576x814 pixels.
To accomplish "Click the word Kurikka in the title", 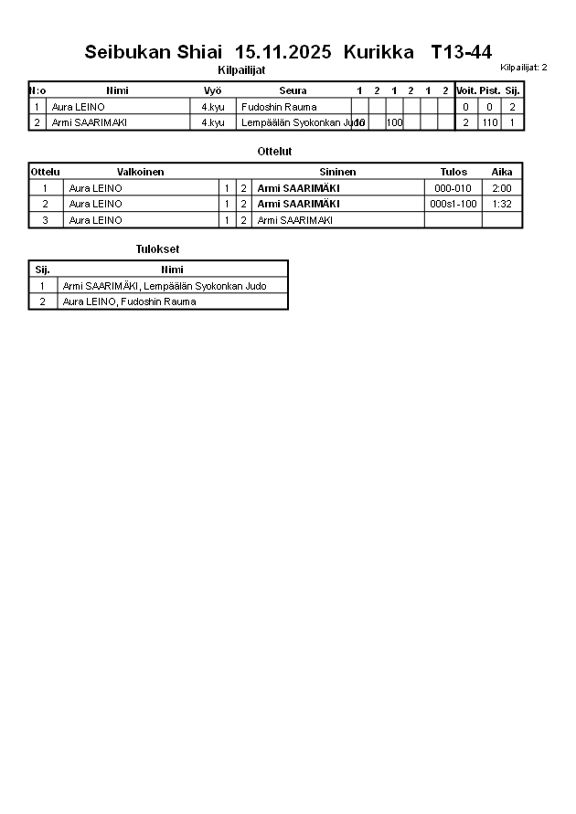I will pyautogui.click(x=372, y=52).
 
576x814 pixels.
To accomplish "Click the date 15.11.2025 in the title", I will pyautogui.click(x=283, y=52).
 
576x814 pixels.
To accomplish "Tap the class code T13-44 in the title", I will pyautogui.click(x=461, y=52).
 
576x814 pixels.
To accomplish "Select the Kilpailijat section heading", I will pyautogui.click(x=241, y=70).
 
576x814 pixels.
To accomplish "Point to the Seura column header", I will pyautogui.click(x=293, y=90).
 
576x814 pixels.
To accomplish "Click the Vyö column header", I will pyautogui.click(x=212, y=90).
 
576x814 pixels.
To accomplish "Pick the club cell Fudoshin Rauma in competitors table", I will pyautogui.click(x=278, y=107).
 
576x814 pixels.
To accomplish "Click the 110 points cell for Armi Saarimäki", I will pyautogui.click(x=490, y=122).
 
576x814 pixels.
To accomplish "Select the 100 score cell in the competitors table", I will pyautogui.click(x=394, y=122).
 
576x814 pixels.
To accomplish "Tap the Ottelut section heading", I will pyautogui.click(x=275, y=152).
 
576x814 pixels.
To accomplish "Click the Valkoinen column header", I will pyautogui.click(x=141, y=172).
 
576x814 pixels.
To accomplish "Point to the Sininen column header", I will pyautogui.click(x=337, y=172).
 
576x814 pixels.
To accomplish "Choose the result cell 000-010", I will pyautogui.click(x=453, y=188).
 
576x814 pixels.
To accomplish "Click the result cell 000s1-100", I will pyautogui.click(x=453, y=204).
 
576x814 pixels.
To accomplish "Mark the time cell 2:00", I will pyautogui.click(x=501, y=188).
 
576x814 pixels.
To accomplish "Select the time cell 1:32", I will pyautogui.click(x=501, y=204).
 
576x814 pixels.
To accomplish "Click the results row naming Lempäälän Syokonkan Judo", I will pyautogui.click(x=165, y=286).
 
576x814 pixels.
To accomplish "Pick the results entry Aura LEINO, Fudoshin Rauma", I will pyautogui.click(x=129, y=301).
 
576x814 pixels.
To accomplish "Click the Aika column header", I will pyautogui.click(x=502, y=172).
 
